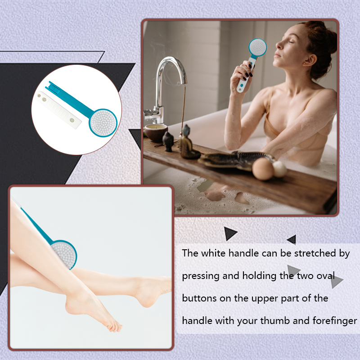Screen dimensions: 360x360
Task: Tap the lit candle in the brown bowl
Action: (x=156, y=132)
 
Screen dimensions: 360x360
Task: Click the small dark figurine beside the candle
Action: (x=168, y=141)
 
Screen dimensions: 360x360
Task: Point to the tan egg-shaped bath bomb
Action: (x=263, y=169)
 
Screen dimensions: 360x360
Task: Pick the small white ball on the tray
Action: (x=279, y=169)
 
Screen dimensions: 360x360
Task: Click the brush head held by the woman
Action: (x=257, y=48)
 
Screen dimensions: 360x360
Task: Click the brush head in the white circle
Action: (x=103, y=122)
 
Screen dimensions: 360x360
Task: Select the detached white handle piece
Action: (x=58, y=109)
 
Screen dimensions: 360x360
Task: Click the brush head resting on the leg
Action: (x=64, y=254)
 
